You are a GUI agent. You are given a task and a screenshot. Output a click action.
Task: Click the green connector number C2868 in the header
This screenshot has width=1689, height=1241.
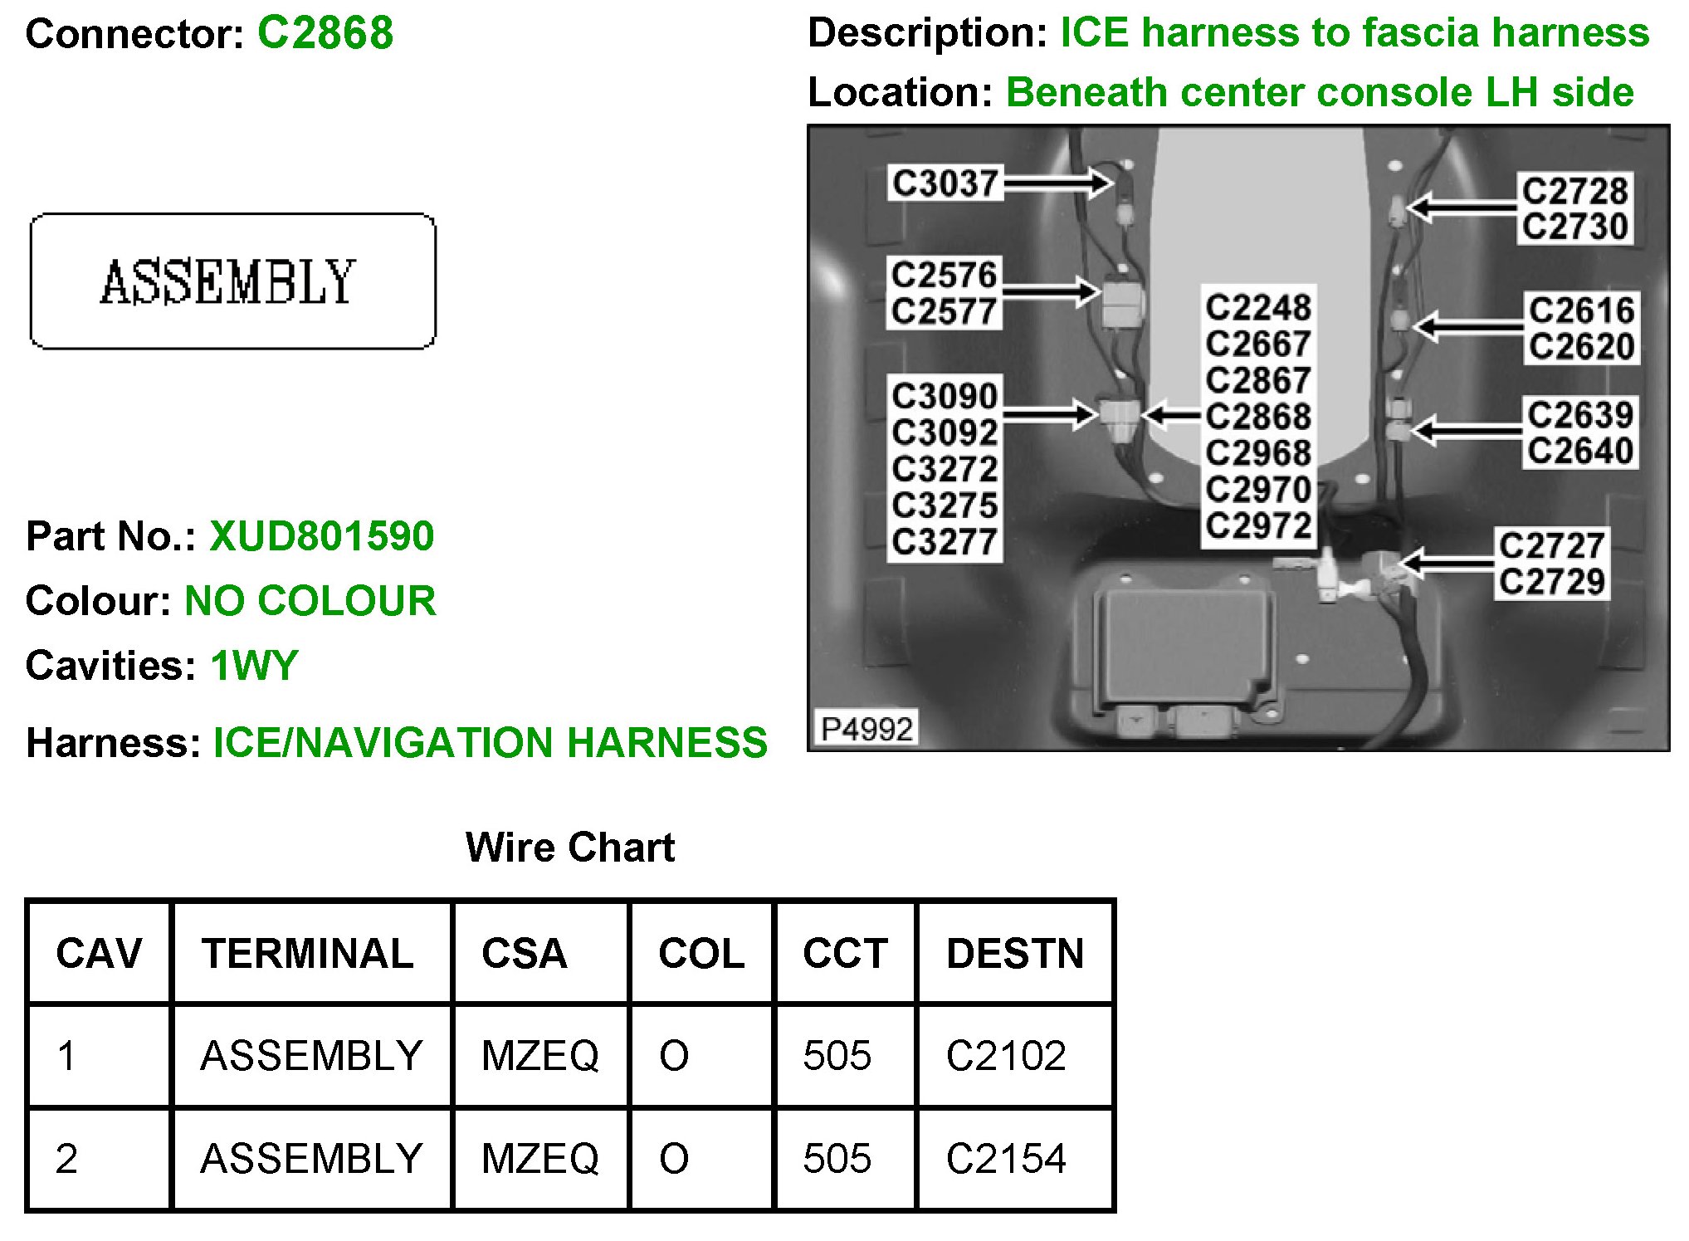pos(325,33)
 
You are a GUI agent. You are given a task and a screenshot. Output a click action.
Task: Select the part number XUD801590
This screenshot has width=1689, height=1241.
pos(321,536)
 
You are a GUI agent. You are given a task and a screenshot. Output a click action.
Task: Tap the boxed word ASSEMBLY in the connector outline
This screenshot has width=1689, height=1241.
pos(228,281)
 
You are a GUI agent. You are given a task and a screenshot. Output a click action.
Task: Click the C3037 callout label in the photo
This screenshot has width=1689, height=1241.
pos(945,183)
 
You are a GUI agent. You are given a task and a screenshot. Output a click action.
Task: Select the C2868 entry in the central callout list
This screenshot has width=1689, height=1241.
pos(1258,417)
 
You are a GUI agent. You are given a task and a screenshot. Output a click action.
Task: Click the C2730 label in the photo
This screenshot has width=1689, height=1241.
pos(1574,227)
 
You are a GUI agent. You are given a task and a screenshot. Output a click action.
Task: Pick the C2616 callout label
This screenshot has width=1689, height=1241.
pos(1581,310)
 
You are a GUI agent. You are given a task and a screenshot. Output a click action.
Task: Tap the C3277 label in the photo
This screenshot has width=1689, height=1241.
pos(945,542)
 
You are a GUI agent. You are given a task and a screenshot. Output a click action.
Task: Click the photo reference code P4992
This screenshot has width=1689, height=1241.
pos(866,729)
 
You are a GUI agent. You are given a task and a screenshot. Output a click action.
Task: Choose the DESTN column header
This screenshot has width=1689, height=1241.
pos(1015,953)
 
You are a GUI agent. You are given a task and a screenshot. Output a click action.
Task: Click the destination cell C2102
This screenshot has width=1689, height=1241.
pos(1006,1056)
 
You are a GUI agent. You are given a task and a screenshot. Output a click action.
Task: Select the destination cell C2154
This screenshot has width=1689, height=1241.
pos(1006,1159)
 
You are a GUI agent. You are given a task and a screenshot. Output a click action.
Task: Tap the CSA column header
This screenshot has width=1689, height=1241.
pos(525,953)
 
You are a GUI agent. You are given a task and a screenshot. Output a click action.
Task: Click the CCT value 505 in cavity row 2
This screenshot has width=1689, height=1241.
pos(837,1159)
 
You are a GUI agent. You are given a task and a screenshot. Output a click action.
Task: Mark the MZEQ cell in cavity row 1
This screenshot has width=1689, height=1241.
pos(539,1056)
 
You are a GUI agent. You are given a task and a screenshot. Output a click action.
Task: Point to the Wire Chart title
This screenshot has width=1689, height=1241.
pos(570,848)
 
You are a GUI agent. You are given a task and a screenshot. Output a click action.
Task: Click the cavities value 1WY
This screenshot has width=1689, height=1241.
pos(254,666)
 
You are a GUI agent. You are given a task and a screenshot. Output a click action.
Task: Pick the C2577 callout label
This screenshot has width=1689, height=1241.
pos(945,311)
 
